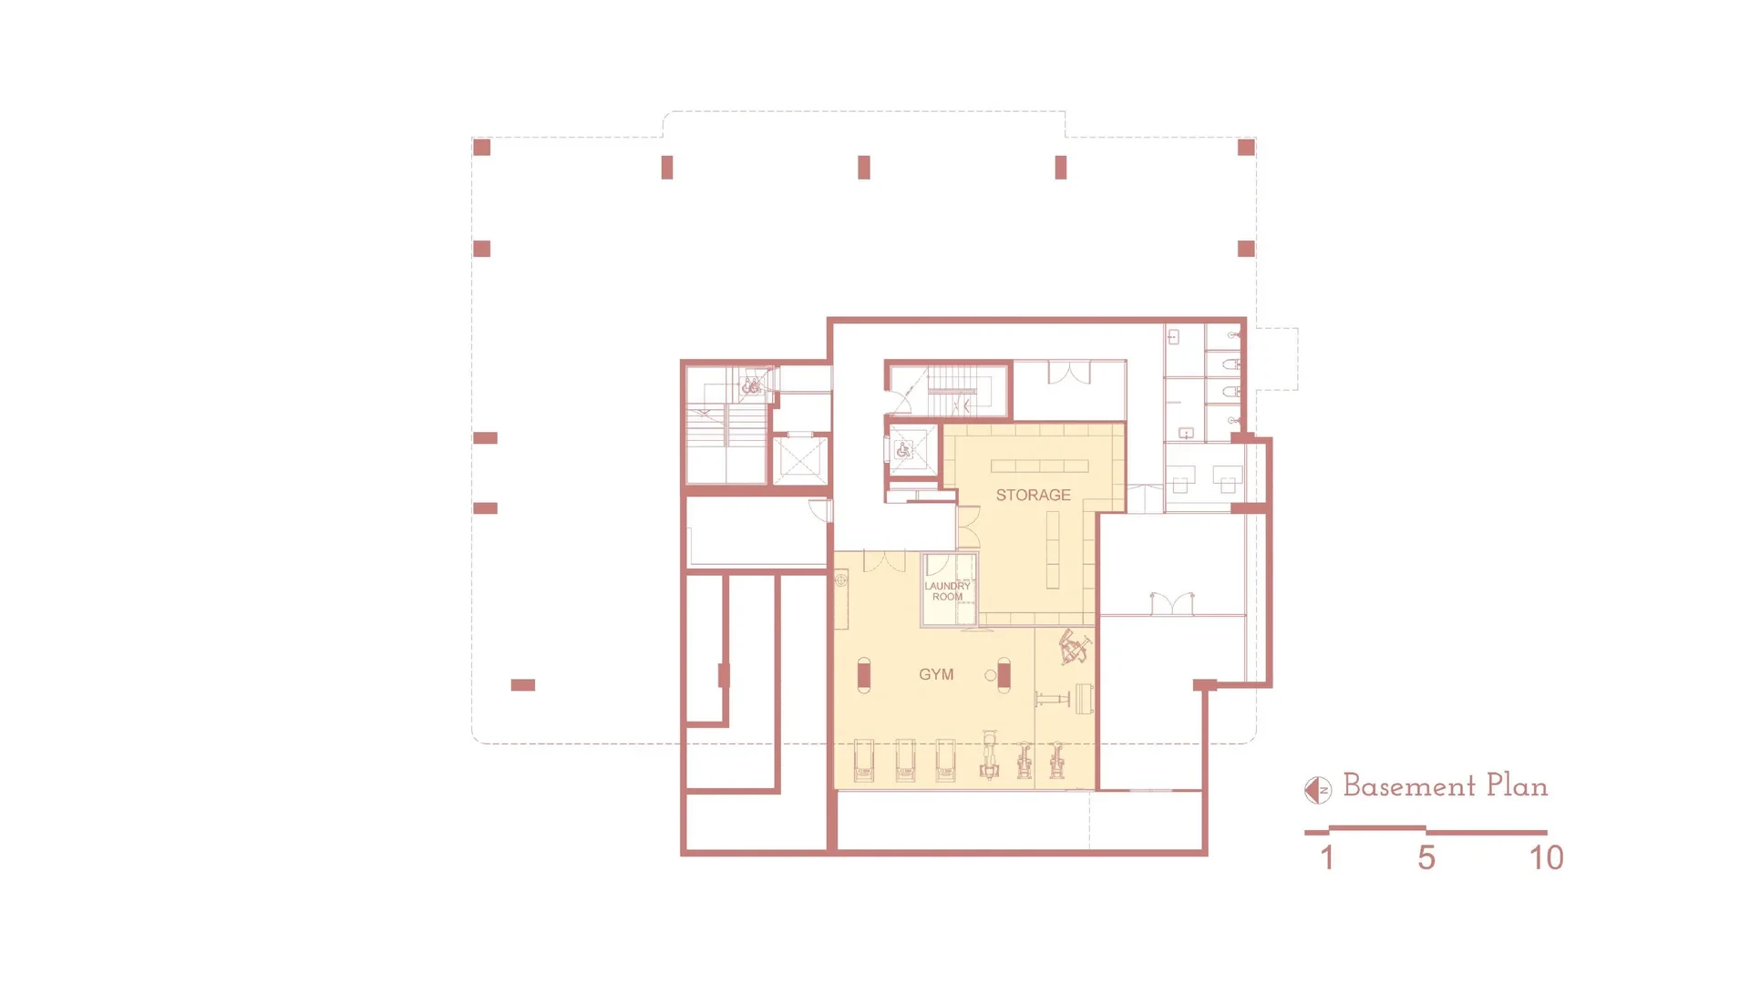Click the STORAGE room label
click(x=1033, y=495)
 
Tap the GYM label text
click(x=936, y=674)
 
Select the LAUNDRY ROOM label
click(x=947, y=591)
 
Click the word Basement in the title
click(x=1409, y=785)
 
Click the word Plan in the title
click(x=1517, y=785)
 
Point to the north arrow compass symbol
click(x=1318, y=790)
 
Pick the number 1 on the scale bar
click(x=1327, y=857)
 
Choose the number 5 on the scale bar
click(x=1426, y=857)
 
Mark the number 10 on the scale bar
click(x=1546, y=857)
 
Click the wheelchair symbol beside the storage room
click(x=903, y=449)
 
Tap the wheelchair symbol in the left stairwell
click(x=750, y=386)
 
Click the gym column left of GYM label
click(x=864, y=675)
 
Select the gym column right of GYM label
click(x=1004, y=675)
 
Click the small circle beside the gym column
click(x=990, y=675)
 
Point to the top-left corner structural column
click(x=482, y=148)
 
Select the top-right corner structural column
click(x=1246, y=148)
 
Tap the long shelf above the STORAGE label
click(x=1040, y=466)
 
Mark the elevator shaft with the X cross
click(x=799, y=459)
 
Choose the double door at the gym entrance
click(x=884, y=560)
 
